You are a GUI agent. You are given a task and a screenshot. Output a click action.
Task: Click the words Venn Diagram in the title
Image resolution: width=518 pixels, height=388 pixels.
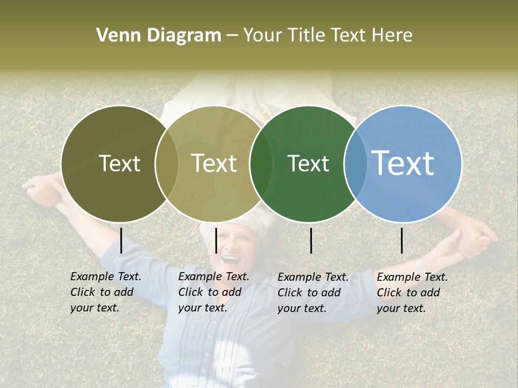click(159, 36)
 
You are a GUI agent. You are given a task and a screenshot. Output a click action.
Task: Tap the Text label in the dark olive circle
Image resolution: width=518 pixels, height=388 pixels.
click(119, 163)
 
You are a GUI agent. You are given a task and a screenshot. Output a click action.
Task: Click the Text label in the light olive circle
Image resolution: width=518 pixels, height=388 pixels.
click(214, 163)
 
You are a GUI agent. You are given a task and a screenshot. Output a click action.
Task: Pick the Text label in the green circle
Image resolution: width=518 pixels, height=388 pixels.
click(308, 163)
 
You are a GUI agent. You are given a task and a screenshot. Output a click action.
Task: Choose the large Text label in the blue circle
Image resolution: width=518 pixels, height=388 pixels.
click(403, 163)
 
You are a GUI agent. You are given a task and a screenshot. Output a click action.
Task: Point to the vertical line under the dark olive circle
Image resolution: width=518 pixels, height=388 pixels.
click(121, 240)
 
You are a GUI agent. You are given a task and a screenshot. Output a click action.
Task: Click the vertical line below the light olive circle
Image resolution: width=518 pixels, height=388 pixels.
click(216, 240)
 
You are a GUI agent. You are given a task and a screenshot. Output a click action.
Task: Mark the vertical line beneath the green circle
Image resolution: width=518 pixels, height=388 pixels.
click(311, 240)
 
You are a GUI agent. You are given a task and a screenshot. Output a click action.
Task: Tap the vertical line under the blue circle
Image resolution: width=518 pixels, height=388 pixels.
click(401, 240)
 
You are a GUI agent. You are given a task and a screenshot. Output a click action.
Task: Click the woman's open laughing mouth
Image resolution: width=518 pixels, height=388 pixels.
click(231, 260)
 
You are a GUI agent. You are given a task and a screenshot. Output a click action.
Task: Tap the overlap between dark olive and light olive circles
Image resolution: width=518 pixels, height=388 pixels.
click(167, 163)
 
